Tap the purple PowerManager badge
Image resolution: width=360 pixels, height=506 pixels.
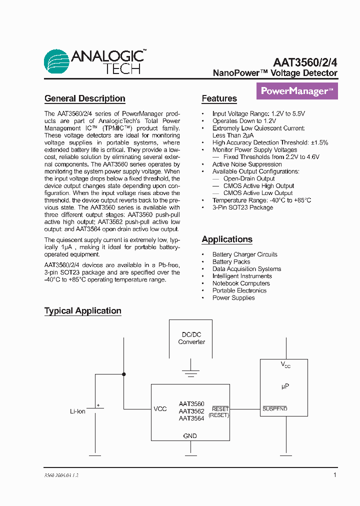point(297,91)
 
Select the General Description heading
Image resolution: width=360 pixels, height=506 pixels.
point(84,98)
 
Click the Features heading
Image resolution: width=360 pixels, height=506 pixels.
point(219,98)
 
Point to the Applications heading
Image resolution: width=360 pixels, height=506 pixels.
point(227,239)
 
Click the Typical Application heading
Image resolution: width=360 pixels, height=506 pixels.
point(83,311)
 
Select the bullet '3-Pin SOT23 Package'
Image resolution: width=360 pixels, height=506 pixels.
point(242,207)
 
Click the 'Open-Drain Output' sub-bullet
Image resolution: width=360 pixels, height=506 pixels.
point(249,178)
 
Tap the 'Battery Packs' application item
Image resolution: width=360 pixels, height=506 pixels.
point(231,261)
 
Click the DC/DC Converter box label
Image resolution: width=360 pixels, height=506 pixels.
point(191,338)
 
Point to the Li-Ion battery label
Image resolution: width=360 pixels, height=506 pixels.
point(77,411)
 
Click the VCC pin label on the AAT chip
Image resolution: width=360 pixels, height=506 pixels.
point(160,409)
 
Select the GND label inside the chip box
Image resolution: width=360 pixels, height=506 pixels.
point(190,436)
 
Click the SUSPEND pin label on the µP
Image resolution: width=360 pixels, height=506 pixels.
point(275,409)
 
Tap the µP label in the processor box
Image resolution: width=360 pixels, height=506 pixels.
point(285,386)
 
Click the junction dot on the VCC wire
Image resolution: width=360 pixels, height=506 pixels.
point(124,374)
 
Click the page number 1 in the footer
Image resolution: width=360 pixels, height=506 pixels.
point(335,475)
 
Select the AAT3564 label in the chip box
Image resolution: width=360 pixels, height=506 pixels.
point(191,418)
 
